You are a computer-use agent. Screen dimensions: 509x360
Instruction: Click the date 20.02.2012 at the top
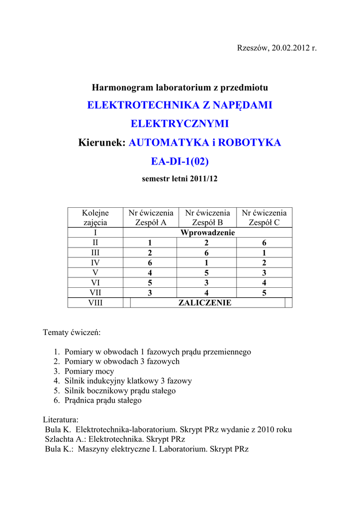pos(289,48)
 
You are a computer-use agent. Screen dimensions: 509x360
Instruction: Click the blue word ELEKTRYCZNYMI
pos(180,124)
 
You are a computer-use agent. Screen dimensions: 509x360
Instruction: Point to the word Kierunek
pos(102,143)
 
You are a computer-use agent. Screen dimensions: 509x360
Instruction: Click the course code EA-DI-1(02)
pos(180,162)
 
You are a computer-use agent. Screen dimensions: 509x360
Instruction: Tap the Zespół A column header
pos(151,223)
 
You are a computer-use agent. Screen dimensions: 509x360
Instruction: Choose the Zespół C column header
pos(264,223)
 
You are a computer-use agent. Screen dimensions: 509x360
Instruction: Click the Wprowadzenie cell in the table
pos(207,233)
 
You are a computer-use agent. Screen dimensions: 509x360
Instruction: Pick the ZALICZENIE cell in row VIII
pos(205,303)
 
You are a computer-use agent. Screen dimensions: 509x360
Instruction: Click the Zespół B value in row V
pos(207,273)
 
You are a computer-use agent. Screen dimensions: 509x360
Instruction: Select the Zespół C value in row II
pos(264,243)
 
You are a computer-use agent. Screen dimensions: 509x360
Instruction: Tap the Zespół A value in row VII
pos(150,293)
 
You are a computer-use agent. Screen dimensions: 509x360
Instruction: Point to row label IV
pos(95,263)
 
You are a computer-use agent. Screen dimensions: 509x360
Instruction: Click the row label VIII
pos(95,303)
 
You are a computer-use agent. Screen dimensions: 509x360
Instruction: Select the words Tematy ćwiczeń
pos(72,332)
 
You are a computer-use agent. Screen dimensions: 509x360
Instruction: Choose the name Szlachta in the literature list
pos(59,439)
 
